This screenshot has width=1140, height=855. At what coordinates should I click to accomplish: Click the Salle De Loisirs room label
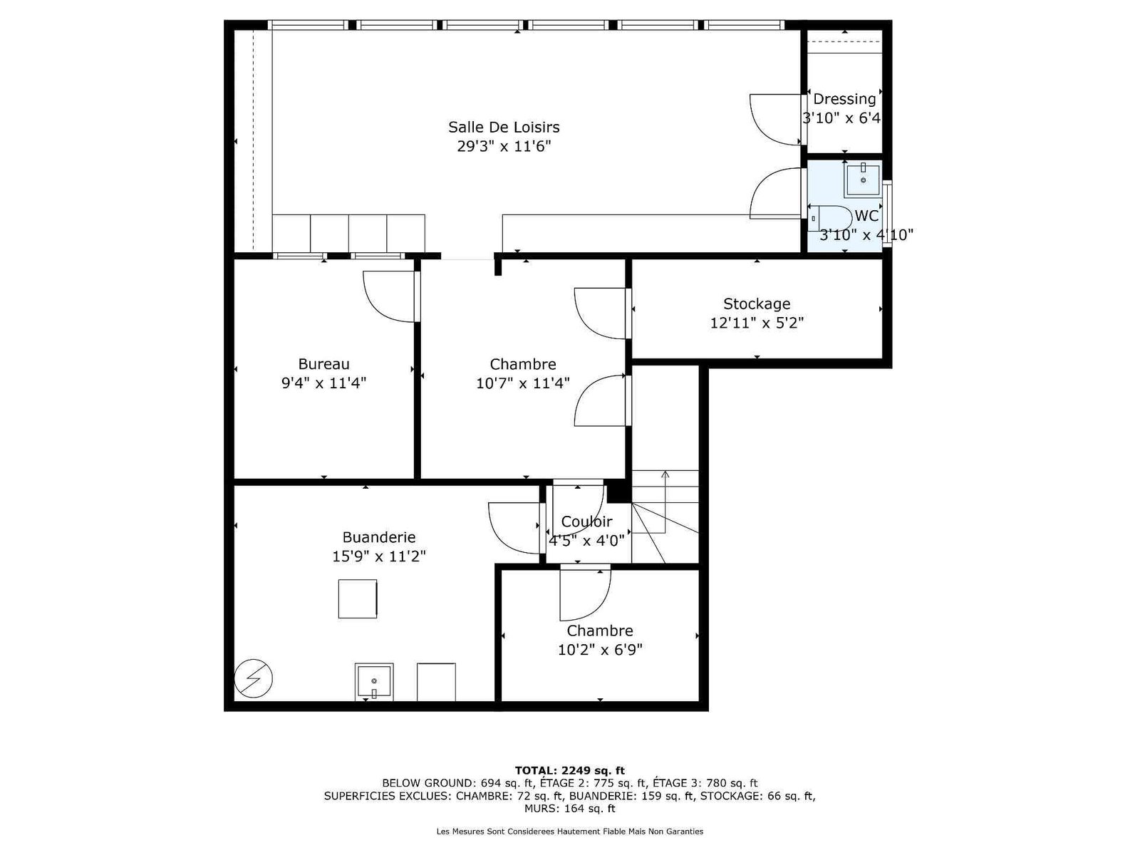point(503,128)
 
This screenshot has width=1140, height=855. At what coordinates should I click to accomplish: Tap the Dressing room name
point(844,99)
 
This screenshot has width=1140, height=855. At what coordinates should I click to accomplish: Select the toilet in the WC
point(829,218)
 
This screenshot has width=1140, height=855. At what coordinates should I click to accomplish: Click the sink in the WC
point(863,180)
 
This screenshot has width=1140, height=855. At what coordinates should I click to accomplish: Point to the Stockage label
point(756,304)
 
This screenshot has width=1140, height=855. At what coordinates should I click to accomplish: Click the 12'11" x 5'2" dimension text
point(756,323)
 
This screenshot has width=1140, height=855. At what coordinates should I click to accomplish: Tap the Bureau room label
point(323,364)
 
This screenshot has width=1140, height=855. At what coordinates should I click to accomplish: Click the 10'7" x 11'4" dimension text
point(522,383)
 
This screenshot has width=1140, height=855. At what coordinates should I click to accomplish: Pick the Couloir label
point(586,522)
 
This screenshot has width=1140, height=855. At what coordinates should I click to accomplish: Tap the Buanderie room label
point(378,537)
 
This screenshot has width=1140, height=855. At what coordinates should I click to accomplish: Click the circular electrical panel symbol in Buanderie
point(253,678)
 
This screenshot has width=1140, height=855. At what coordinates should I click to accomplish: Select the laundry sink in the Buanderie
point(373,682)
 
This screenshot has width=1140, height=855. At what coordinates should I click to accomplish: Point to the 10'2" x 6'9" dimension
point(600,649)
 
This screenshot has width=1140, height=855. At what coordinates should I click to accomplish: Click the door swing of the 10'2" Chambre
point(585,595)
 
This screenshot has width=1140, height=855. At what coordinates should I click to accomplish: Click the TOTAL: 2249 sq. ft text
point(569,770)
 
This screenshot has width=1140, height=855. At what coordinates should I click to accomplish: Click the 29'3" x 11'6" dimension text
point(503,146)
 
